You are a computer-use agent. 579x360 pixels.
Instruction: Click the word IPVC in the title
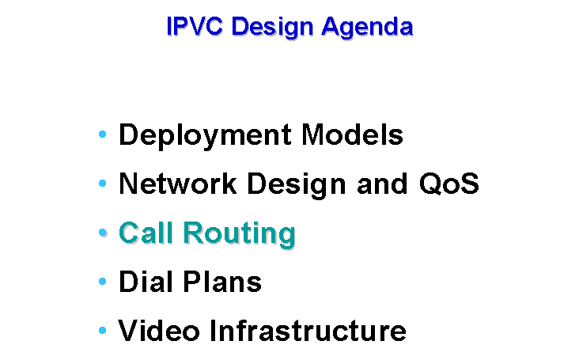195,26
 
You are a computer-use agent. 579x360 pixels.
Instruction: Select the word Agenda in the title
367,28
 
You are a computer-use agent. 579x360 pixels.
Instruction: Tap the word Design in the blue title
273,28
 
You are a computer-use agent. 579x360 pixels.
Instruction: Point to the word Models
352,135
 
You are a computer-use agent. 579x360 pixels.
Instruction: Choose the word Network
178,183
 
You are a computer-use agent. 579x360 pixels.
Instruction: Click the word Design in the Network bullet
297,185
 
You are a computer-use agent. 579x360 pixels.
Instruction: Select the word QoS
448,183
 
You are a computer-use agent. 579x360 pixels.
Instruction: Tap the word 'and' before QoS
382,183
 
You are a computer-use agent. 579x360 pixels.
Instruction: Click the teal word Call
146,233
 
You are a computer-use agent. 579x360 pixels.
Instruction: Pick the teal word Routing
240,234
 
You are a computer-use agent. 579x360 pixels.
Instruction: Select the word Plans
222,282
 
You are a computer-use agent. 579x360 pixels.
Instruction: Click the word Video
159,331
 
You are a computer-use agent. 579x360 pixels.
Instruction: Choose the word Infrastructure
308,331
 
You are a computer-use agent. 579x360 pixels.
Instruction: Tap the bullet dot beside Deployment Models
103,134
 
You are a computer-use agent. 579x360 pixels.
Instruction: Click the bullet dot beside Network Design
103,183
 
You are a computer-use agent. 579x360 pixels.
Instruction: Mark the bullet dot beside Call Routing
103,233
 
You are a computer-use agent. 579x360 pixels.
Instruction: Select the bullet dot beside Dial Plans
103,282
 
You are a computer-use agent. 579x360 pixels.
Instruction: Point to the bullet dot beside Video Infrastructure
103,331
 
